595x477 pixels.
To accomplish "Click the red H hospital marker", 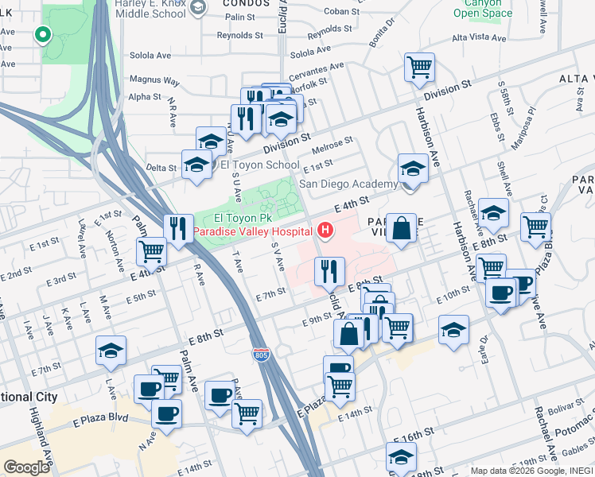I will tap(325, 231).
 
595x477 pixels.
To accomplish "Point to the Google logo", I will tap(26, 467).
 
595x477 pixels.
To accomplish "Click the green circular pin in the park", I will tap(42, 35).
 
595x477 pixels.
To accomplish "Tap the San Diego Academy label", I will tap(348, 184).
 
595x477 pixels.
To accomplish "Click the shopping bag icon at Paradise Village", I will tap(403, 229).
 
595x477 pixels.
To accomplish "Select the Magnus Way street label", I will tap(154, 80).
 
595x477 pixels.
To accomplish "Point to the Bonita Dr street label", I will tap(382, 36).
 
